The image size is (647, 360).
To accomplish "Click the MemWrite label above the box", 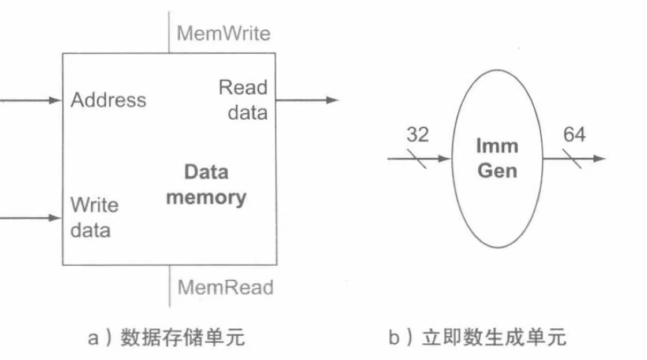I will (x=223, y=34).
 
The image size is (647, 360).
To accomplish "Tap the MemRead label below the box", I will (x=225, y=287).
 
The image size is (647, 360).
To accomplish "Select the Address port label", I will (x=109, y=101).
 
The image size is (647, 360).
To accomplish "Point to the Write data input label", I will (x=94, y=218).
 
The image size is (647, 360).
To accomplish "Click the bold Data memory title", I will (x=206, y=185).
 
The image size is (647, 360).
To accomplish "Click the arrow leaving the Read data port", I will (x=306, y=100).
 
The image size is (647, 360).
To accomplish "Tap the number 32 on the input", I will (x=418, y=135).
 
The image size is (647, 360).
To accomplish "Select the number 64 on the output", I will (x=574, y=135).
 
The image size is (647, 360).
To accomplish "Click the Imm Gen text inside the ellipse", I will (x=497, y=158).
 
